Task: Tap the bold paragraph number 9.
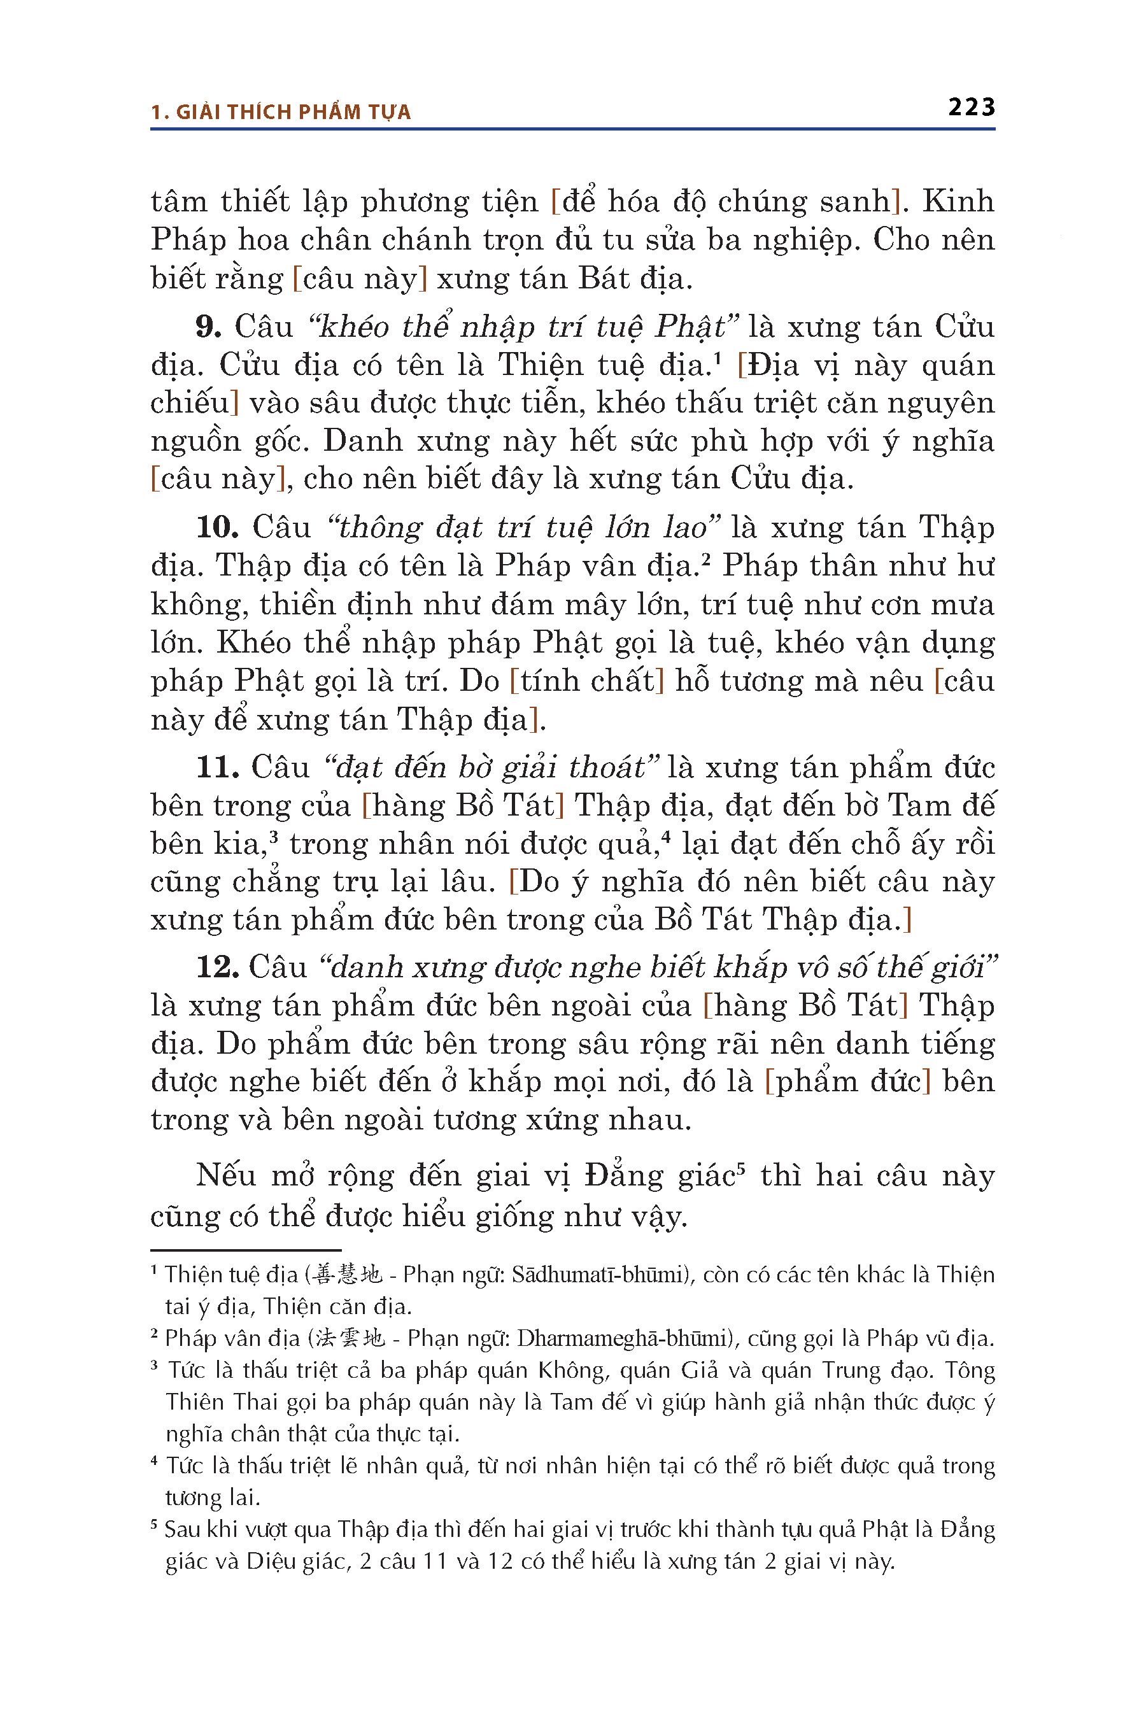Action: pos(208,327)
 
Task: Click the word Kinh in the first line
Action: pos(958,202)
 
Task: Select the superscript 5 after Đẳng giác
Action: pos(740,1168)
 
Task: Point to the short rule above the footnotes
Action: pos(246,1250)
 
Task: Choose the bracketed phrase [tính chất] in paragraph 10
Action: pos(587,681)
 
